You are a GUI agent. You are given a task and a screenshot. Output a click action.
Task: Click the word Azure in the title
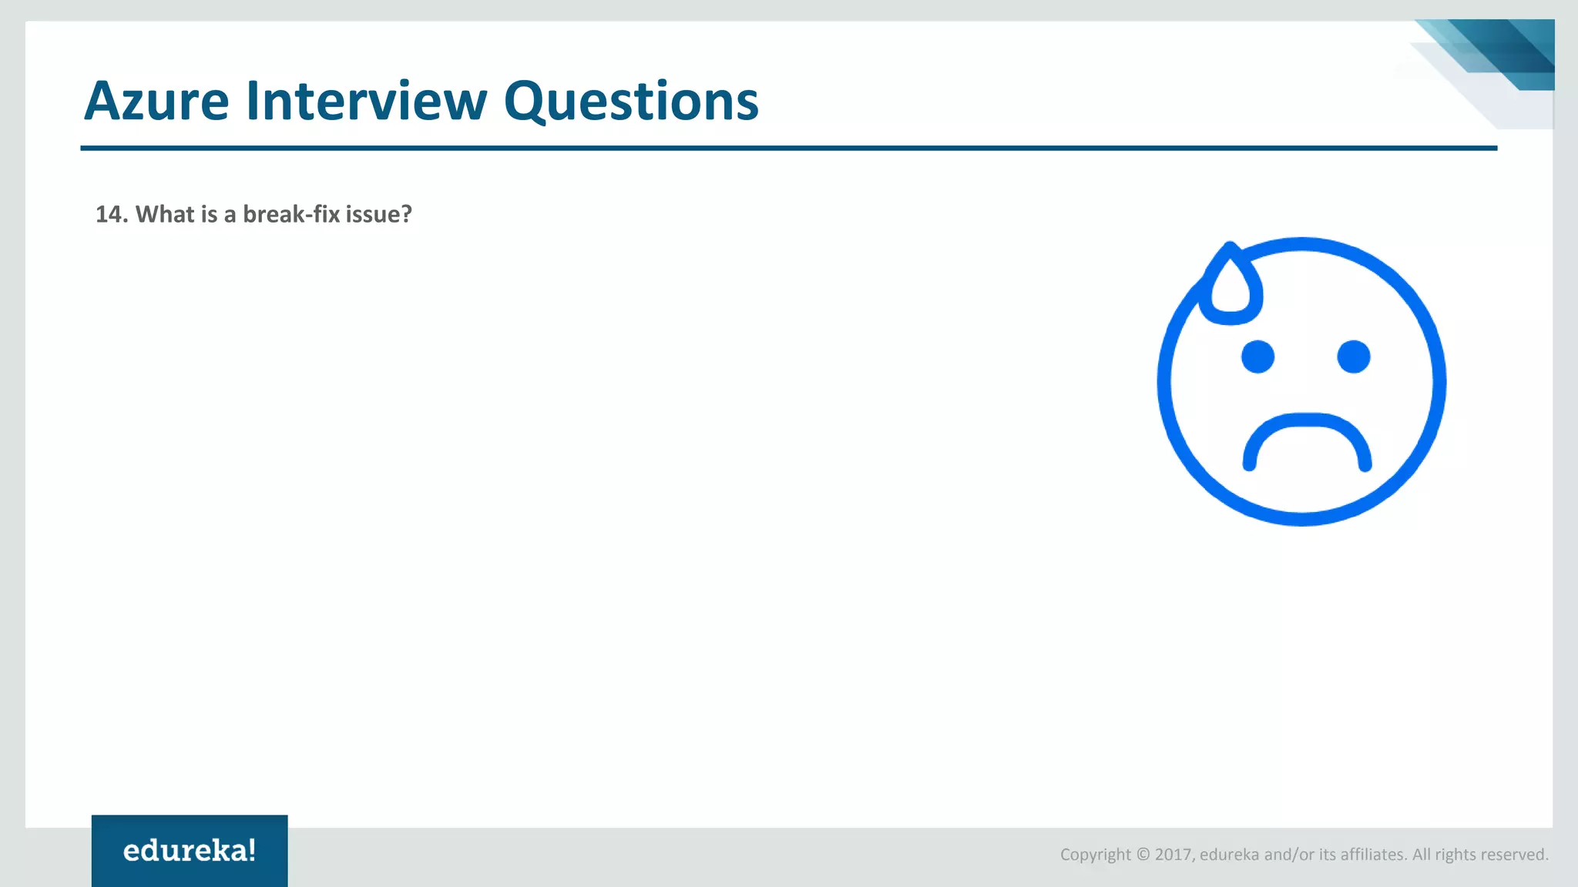(x=156, y=101)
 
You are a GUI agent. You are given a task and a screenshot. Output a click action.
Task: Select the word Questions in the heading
(x=631, y=102)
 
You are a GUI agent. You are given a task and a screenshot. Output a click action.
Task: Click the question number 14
(x=110, y=214)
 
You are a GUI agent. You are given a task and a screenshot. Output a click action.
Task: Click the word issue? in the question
(x=378, y=214)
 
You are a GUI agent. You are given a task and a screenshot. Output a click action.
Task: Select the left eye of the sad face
(x=1257, y=356)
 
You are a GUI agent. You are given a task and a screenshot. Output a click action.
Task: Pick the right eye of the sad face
(x=1354, y=356)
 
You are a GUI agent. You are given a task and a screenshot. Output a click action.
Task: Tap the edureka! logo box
(x=190, y=850)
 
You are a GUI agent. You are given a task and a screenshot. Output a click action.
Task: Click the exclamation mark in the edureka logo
(x=252, y=850)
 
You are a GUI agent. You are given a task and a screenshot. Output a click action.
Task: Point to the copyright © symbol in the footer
(x=1143, y=855)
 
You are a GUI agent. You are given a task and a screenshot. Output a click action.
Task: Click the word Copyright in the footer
(x=1095, y=855)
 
